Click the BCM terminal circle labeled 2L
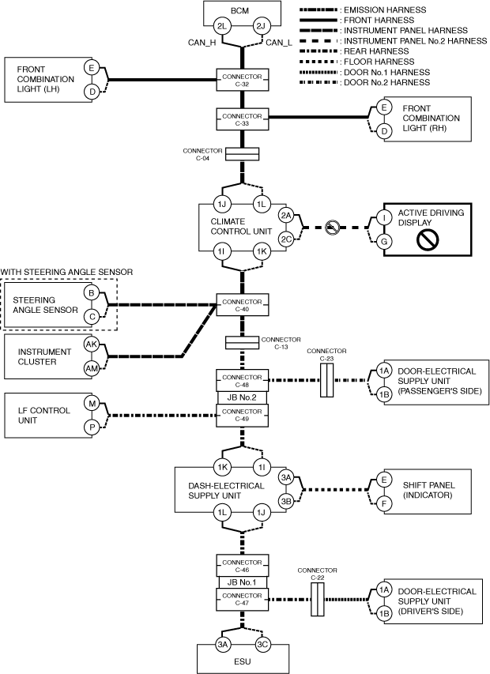[224, 28]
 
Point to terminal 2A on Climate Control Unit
[287, 215]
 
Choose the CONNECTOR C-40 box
[243, 304]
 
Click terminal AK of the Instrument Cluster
[92, 345]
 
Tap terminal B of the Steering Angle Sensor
[92, 293]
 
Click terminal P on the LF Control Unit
[92, 427]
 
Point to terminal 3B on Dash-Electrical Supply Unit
[287, 501]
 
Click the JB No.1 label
[243, 583]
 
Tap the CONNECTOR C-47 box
[243, 600]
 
